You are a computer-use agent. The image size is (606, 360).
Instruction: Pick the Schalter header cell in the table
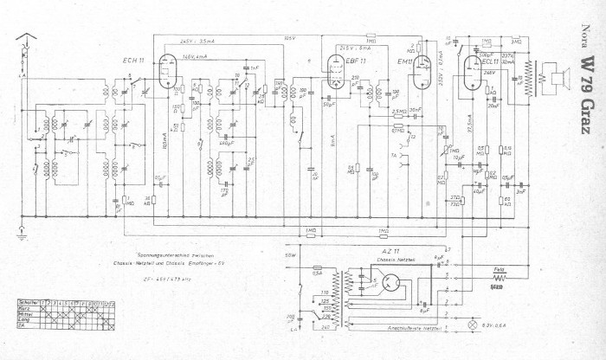pyautogui.click(x=27, y=303)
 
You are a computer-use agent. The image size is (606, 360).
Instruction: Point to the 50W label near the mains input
pyautogui.click(x=290, y=256)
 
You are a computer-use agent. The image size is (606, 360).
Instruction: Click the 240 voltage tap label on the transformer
pyautogui.click(x=325, y=328)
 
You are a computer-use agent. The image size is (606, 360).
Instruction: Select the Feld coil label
pyautogui.click(x=499, y=269)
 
